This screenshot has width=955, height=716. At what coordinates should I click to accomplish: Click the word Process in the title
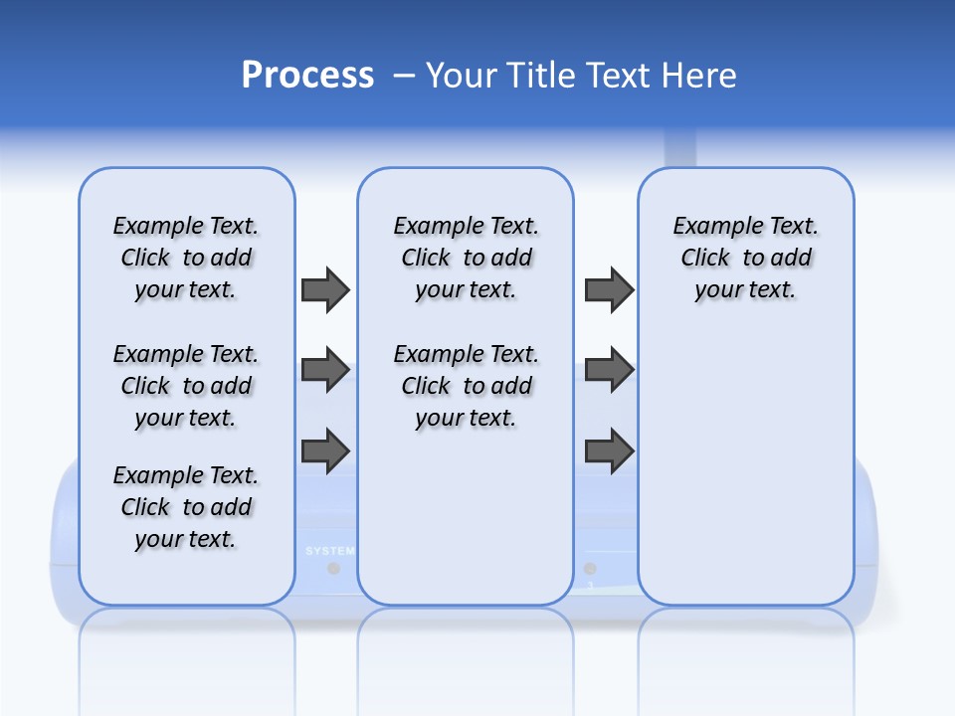coord(307,76)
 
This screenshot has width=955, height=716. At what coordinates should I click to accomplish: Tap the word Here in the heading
coord(700,76)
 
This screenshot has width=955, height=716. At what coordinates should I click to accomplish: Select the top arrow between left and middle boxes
coord(325,289)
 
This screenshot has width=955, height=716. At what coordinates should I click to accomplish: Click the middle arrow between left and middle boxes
coord(325,370)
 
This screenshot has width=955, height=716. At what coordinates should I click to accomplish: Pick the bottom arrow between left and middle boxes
coord(325,450)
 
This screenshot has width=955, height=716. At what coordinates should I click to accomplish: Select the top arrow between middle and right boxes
coord(609,289)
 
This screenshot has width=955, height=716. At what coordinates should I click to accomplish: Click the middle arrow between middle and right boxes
coord(609,370)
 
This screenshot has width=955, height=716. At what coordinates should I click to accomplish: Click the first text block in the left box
coord(186,258)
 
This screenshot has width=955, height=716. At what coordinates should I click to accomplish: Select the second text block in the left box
coord(186,386)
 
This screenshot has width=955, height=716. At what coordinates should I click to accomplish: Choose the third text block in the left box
coord(186,507)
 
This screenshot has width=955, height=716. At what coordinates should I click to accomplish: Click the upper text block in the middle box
coord(466,258)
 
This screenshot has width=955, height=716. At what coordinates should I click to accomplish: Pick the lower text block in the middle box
coord(466,386)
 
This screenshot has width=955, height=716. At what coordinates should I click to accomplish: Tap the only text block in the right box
coord(745,258)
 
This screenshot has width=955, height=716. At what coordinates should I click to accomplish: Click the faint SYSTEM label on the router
coord(329,550)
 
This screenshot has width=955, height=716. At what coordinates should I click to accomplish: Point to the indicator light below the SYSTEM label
coord(333,568)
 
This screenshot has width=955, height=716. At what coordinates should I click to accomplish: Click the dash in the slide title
coord(404,76)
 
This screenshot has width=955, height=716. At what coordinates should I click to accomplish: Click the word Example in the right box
coord(708,226)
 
